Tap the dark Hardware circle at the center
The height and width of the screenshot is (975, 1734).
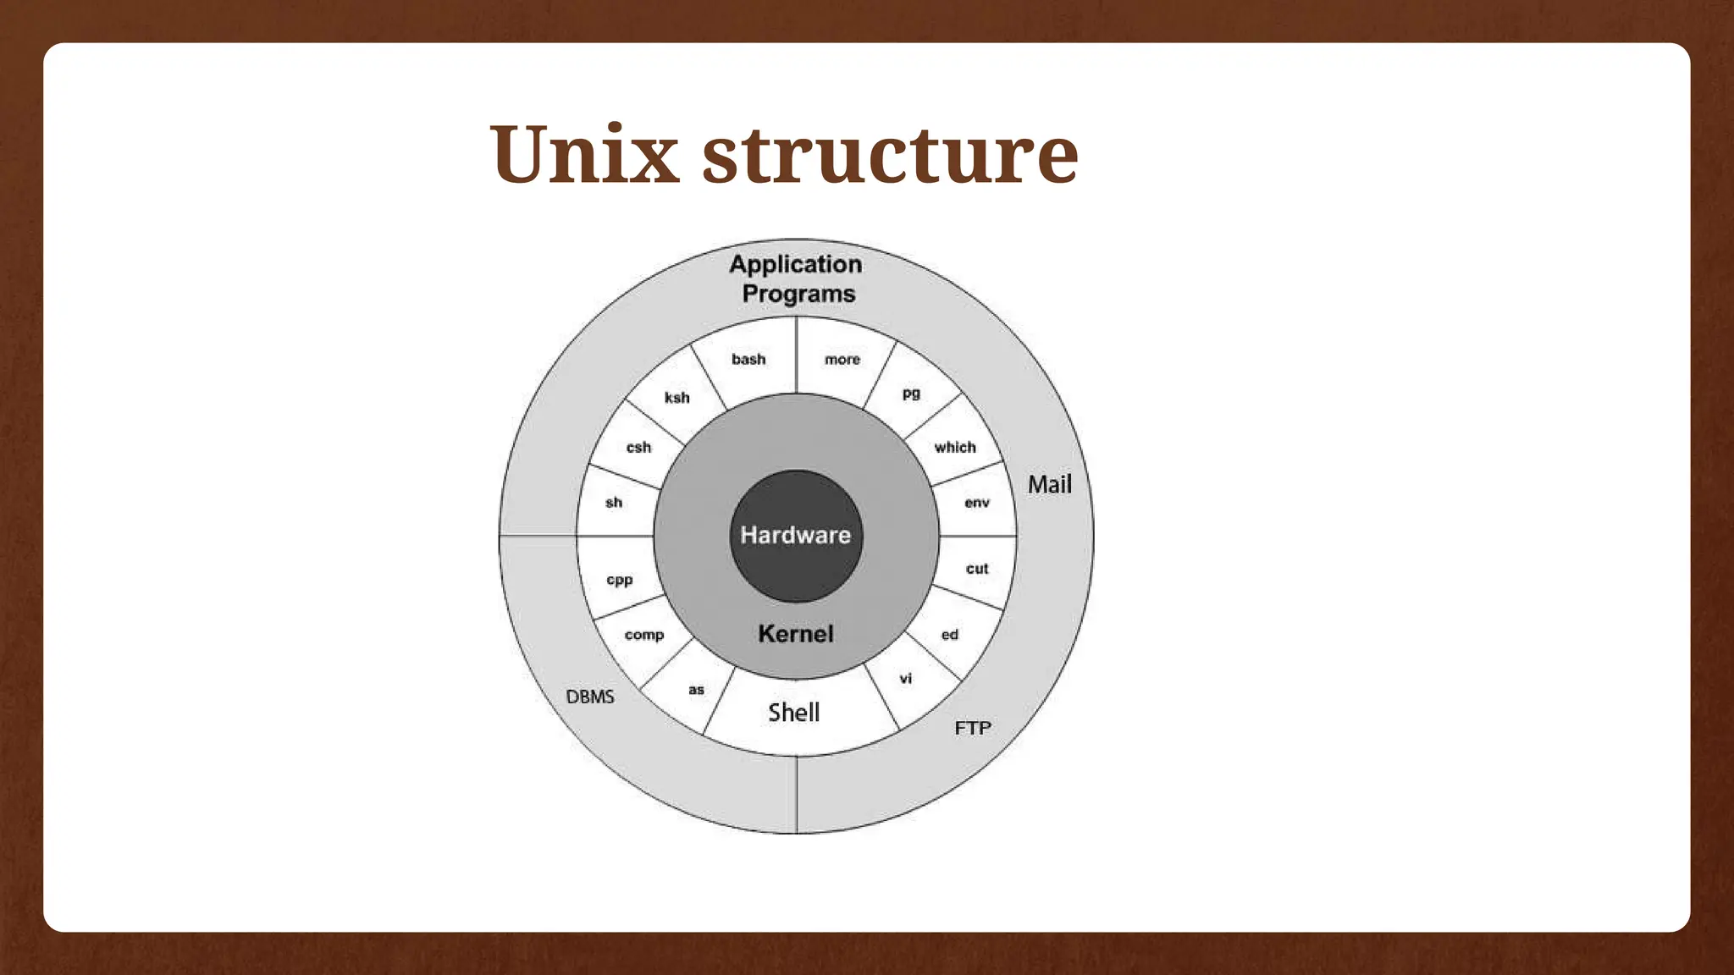coord(796,535)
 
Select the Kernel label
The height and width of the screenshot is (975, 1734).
coord(796,634)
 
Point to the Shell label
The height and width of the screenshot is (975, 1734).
coord(794,713)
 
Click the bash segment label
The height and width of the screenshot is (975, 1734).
coord(748,360)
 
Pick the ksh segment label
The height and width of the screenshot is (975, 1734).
coord(676,398)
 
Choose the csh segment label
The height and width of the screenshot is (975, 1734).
coord(638,448)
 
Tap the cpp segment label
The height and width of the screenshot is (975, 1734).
coord(620,581)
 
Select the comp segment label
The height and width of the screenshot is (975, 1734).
coord(644,635)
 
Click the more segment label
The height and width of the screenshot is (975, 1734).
coord(842,360)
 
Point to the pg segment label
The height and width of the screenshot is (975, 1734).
coord(911,394)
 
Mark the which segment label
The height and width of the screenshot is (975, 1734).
coord(955,448)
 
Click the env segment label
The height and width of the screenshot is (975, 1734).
coord(977,503)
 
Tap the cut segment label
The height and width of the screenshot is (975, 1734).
coord(977,569)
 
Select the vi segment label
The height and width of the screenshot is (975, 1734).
coord(906,679)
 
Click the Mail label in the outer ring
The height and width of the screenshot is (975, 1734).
coord(1050,484)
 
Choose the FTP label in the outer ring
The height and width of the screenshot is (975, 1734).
coord(973,728)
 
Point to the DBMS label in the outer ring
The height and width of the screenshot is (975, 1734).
coord(590,697)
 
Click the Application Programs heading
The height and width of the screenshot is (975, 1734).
coord(796,278)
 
